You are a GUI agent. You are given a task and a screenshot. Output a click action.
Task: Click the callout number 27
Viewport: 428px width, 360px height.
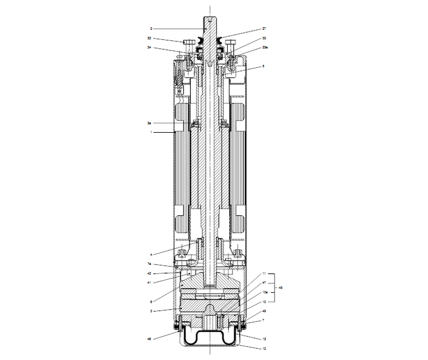click(x=265, y=29)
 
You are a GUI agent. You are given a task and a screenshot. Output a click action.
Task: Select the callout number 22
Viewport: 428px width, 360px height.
click(x=149, y=38)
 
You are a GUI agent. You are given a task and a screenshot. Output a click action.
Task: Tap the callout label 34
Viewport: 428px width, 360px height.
click(x=149, y=47)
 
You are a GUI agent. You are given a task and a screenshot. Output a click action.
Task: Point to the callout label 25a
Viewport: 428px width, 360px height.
click(x=265, y=47)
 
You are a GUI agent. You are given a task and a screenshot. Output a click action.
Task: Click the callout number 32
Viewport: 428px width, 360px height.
click(x=265, y=38)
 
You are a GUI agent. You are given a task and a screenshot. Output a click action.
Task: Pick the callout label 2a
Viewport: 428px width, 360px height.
click(x=149, y=123)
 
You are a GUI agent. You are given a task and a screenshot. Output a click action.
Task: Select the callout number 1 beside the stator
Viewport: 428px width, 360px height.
click(x=150, y=132)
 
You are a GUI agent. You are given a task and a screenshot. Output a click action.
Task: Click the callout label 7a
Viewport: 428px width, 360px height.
click(x=149, y=264)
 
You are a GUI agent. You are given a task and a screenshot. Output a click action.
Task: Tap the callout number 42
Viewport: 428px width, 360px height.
click(x=149, y=273)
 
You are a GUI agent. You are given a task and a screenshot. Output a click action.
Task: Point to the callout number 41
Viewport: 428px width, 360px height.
click(x=149, y=282)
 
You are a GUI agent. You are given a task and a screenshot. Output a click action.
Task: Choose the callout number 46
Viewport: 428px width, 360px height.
click(x=149, y=339)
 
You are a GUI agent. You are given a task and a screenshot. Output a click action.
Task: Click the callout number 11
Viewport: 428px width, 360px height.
click(x=265, y=273)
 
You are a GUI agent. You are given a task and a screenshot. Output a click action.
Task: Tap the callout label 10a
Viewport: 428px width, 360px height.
click(x=265, y=293)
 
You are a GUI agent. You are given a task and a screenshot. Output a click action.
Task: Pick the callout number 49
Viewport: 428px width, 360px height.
click(x=265, y=311)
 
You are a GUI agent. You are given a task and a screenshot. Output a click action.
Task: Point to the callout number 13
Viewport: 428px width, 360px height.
click(x=265, y=349)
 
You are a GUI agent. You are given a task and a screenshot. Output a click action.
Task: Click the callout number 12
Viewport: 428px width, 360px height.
click(x=265, y=339)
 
